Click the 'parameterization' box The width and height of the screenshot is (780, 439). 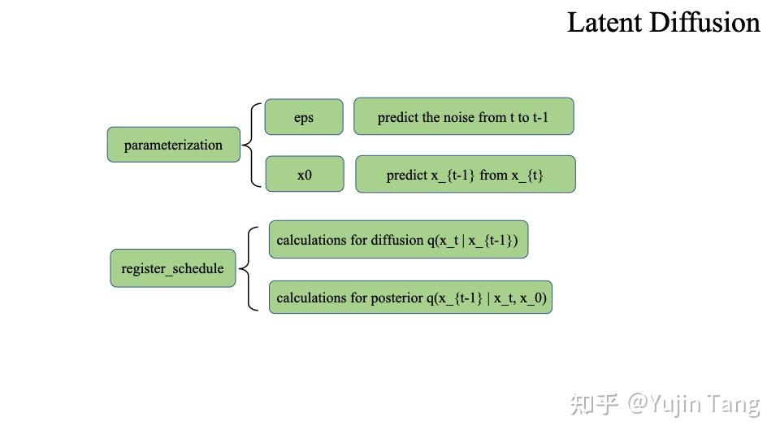tap(173, 145)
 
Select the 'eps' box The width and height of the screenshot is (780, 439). tap(304, 117)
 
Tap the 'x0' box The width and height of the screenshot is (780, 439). tap(304, 175)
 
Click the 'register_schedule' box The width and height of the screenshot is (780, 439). tap(172, 268)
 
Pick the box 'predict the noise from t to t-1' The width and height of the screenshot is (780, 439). tap(463, 117)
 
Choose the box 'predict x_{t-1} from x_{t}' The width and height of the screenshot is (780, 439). tap(465, 175)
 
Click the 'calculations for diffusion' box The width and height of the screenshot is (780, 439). tap(398, 240)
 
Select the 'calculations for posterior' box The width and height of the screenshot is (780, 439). tap(410, 298)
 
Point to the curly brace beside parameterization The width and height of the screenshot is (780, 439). tap(252, 146)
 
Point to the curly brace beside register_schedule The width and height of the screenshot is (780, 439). tap(249, 268)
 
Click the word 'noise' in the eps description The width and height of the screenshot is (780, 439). tap(458, 117)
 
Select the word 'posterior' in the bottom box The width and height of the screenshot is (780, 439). tap(396, 298)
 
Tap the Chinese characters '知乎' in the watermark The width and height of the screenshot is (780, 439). tap(595, 403)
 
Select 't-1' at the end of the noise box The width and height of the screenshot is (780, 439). tap(540, 117)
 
